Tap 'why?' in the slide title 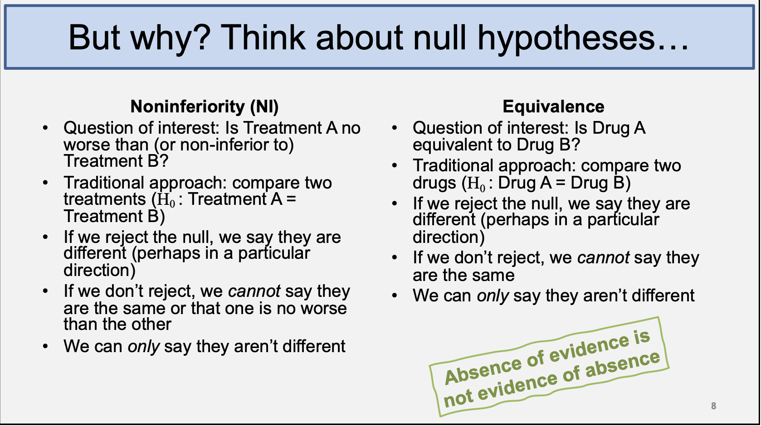[x=169, y=39]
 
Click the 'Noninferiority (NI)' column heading [x=205, y=106]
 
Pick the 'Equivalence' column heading [x=553, y=106]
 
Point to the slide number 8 [x=713, y=406]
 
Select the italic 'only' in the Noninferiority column [x=143, y=347]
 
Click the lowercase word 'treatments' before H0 [x=105, y=199]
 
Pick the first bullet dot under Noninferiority [x=45, y=128]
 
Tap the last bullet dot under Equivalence [x=395, y=295]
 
